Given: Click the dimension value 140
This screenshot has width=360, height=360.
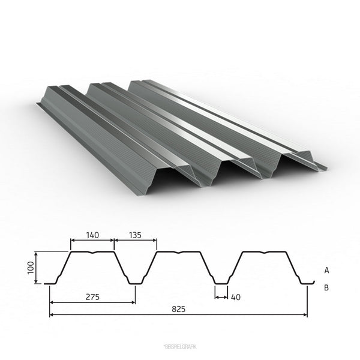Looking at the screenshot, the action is pos(92,235).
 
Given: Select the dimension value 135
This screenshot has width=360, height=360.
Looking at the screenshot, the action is pos(135,235).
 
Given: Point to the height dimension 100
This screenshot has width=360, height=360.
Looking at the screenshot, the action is pos(31,268).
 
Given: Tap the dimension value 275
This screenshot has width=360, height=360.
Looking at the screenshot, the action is pos(93,297).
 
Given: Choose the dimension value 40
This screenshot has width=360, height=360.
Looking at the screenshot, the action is pos(236,297).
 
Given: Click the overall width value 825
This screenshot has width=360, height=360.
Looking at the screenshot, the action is pos(178,309).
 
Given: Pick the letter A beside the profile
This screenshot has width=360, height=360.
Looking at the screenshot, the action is pos(326,271).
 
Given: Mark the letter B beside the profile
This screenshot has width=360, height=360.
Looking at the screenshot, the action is pos(326,287).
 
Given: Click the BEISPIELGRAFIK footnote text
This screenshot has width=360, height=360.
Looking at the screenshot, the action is pos(180,347).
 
